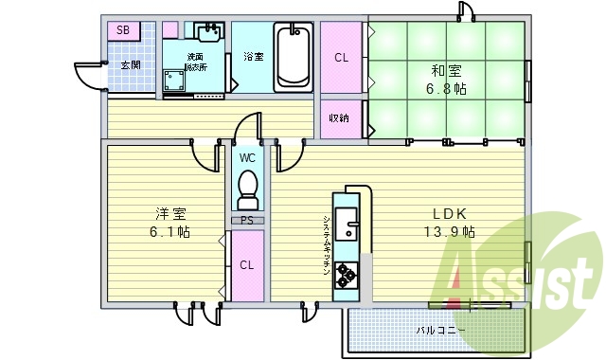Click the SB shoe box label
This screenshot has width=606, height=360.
click(x=123, y=30)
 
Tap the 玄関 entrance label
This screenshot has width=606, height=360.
click(x=130, y=65)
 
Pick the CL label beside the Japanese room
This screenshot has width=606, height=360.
click(x=341, y=57)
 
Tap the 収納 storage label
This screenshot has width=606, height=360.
click(x=339, y=118)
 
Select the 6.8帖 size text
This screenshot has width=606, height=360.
click(x=444, y=90)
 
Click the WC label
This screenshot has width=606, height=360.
click(x=247, y=157)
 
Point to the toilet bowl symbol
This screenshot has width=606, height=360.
click(x=247, y=188)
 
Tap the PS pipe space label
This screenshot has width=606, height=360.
click(x=246, y=221)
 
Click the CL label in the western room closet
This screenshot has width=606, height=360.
click(x=245, y=265)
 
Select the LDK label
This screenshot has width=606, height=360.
click(x=451, y=213)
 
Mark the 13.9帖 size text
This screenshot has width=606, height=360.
click(x=454, y=232)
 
